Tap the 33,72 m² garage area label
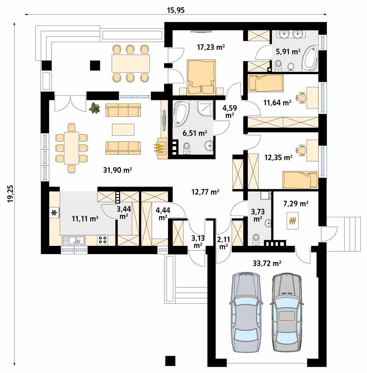tap(267, 264)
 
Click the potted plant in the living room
tap(94, 109)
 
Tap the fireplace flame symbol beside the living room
tap(159, 148)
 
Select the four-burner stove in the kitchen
tap(102, 239)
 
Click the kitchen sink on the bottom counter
tap(73, 239)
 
